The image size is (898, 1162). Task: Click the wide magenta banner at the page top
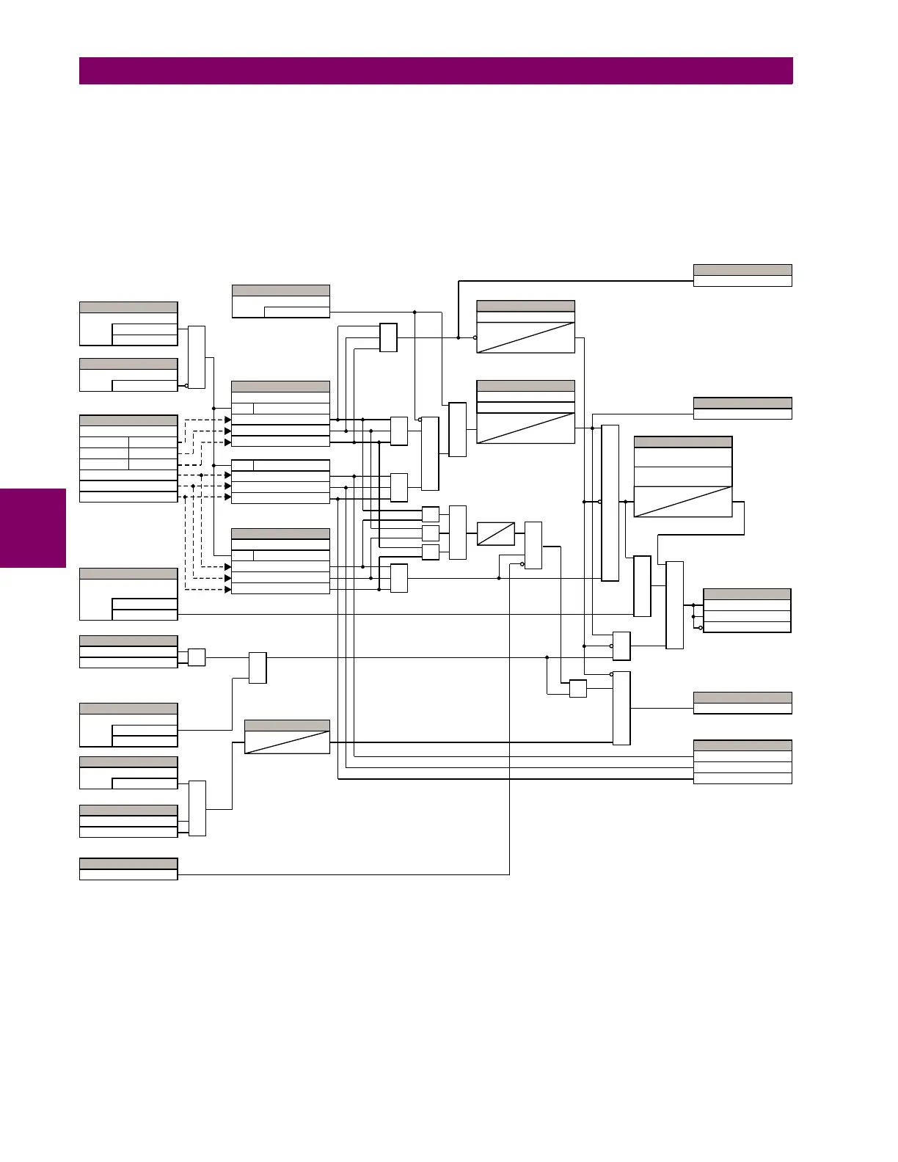point(436,71)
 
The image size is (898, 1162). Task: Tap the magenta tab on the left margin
point(33,528)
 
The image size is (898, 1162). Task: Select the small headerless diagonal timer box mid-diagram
point(496,533)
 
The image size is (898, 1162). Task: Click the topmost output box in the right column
point(742,275)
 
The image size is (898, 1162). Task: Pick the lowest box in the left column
point(128,869)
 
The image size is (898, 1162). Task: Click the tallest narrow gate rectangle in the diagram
point(610,503)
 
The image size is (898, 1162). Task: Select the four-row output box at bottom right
point(742,761)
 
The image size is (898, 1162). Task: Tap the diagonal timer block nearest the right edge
point(683,477)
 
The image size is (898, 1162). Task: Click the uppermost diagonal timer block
point(525,326)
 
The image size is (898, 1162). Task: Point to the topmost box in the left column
point(128,324)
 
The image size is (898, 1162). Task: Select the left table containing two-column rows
point(128,458)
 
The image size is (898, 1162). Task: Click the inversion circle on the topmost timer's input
point(476,337)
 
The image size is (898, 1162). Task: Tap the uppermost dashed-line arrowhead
point(227,420)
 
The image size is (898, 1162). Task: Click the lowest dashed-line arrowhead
point(227,589)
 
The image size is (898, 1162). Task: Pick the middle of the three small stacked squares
point(431,533)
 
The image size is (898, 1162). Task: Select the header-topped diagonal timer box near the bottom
point(287,737)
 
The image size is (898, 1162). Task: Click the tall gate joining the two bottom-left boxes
point(197,808)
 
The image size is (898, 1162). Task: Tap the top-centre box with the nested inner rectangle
point(280,302)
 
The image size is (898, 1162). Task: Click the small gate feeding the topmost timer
point(389,337)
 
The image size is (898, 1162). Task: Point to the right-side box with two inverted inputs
point(747,610)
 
